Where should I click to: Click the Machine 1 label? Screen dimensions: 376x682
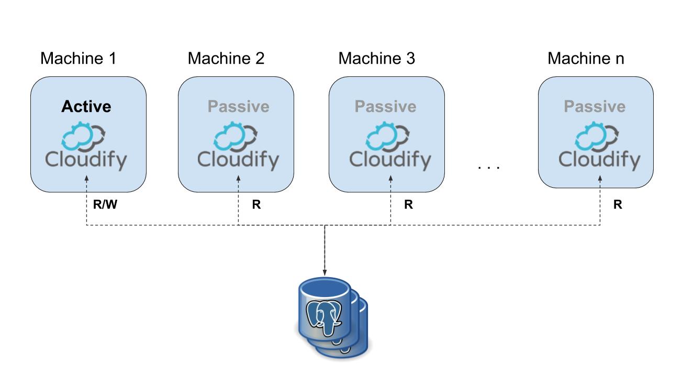click(78, 59)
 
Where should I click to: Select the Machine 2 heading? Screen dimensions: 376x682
click(226, 59)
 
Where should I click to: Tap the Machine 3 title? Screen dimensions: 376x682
click(377, 59)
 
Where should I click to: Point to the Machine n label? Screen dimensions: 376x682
click(586, 59)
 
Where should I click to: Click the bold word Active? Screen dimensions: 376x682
click(86, 107)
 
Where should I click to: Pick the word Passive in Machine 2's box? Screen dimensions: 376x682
click(238, 107)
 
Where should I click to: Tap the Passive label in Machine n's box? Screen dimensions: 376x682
click(595, 107)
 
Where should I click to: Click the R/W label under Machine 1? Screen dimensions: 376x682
click(104, 205)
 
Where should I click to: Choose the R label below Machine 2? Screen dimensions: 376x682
click(256, 205)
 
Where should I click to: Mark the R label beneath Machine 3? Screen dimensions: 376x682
click(408, 205)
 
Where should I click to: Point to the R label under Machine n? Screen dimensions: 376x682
click(618, 205)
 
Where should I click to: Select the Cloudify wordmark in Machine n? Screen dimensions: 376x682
click(599, 159)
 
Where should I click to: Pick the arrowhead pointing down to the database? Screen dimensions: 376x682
click(325, 273)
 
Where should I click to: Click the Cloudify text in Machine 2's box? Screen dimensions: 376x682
click(238, 159)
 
